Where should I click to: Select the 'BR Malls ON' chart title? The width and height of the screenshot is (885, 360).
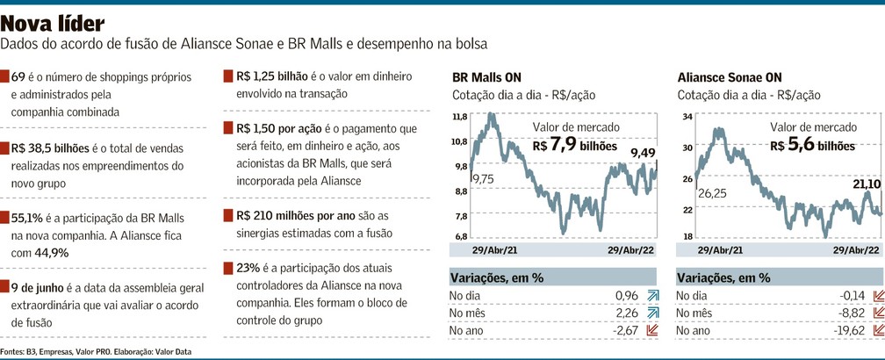(x=486, y=76)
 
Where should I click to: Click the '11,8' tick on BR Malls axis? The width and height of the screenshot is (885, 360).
(x=459, y=116)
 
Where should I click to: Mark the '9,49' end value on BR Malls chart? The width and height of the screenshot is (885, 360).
(x=644, y=153)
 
